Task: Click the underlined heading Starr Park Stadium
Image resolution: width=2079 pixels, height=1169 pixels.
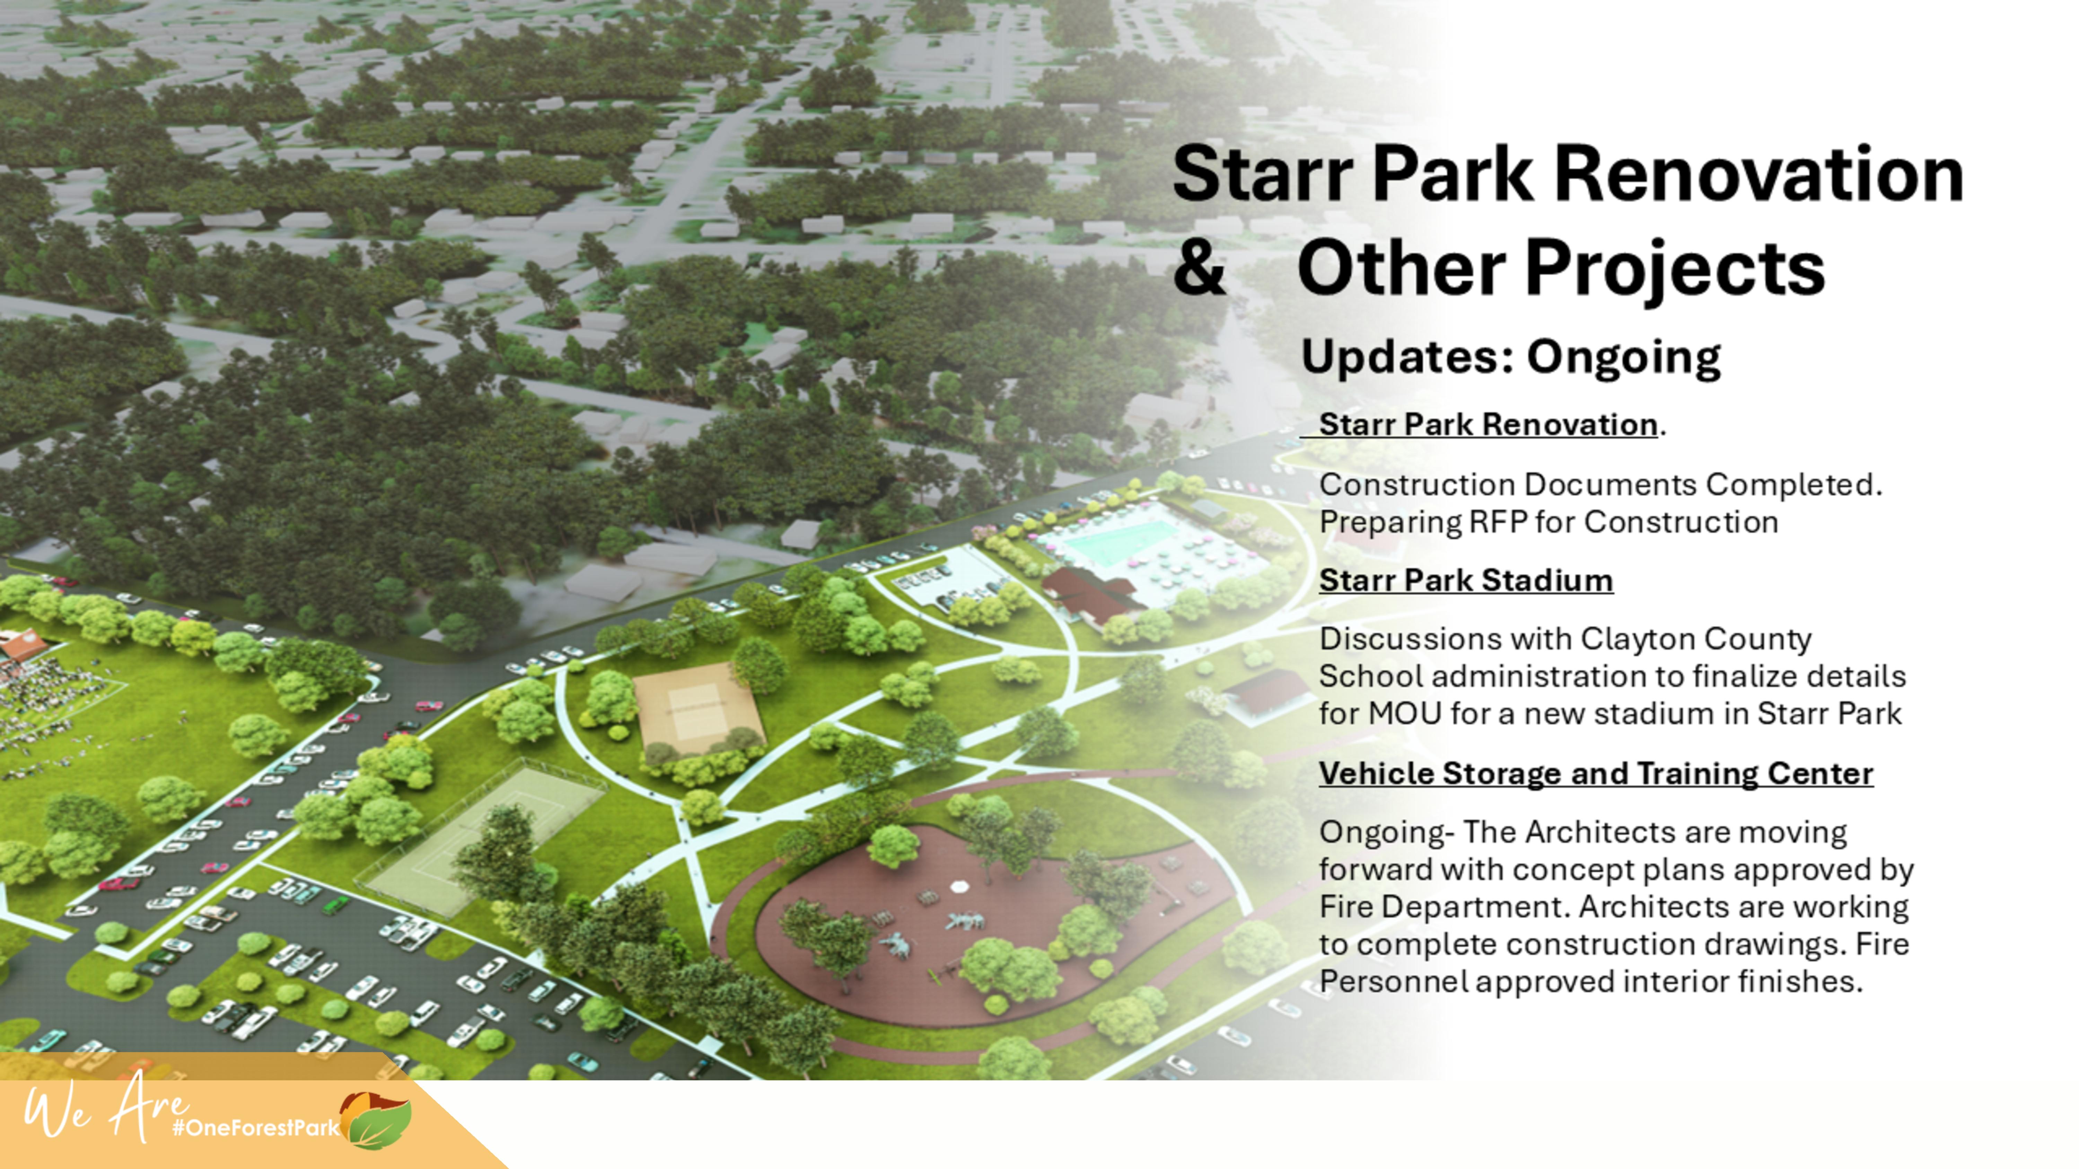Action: point(1466,580)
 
